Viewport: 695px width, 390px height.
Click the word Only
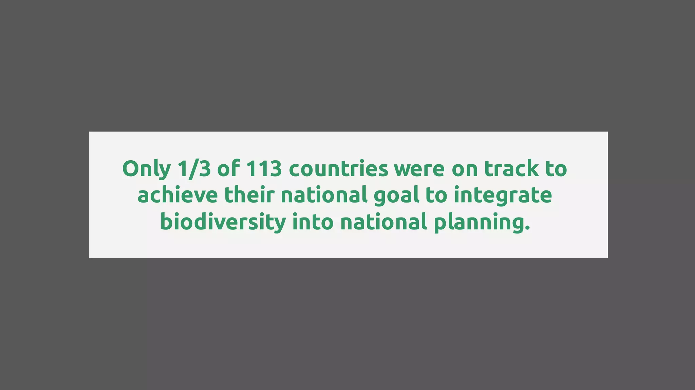coord(146,169)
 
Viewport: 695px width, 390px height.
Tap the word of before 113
coord(228,169)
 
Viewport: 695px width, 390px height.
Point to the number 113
coord(264,169)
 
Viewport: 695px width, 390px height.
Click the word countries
coord(338,169)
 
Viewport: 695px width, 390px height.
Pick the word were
coord(419,169)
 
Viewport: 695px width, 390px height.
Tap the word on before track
coord(464,169)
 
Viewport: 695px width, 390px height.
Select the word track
coord(511,169)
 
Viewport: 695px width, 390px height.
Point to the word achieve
coord(177,195)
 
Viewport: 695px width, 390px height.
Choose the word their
coord(249,195)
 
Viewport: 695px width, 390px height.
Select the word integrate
coord(503,196)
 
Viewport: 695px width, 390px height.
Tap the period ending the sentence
coord(527,228)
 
